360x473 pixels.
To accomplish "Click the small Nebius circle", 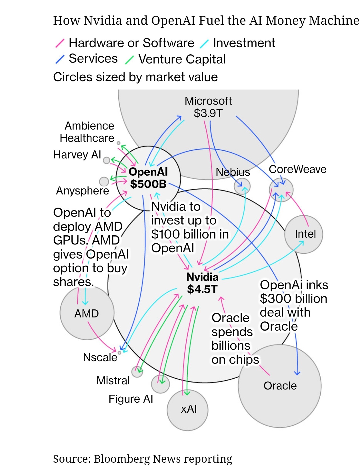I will (242, 186).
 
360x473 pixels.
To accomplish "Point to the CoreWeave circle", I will (281, 190).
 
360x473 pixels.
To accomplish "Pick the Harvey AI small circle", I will (107, 160).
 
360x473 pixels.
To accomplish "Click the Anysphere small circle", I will (104, 181).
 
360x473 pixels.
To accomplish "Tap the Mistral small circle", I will (137, 372).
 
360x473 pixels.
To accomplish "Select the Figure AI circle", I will (160, 384).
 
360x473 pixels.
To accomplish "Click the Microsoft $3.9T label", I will (208, 107).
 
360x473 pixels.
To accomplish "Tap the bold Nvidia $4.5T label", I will (202, 283).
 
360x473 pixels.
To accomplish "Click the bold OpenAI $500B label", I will (148, 178).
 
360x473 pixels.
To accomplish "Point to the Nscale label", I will (100, 357).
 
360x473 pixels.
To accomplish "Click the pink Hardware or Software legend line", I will (60, 43).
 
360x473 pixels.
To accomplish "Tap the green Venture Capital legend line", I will (129, 59).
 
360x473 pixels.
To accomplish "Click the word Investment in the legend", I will (244, 43).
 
